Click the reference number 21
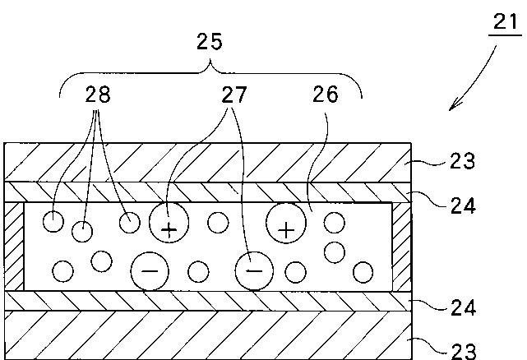[506, 22]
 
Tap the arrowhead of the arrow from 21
[454, 105]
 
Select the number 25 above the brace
[210, 42]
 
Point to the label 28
[98, 95]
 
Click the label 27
[234, 95]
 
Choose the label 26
[326, 95]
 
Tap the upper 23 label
[463, 161]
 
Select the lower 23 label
[464, 352]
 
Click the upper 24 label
[464, 205]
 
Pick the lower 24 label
[464, 307]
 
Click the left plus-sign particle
[169, 223]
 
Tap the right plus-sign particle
[286, 223]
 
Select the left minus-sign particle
[150, 271]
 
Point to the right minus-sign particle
[254, 271]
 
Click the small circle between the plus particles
[218, 223]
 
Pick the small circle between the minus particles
[198, 271]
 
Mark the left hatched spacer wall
[14, 247]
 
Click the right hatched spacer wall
[402, 247]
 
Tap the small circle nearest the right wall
[363, 272]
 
